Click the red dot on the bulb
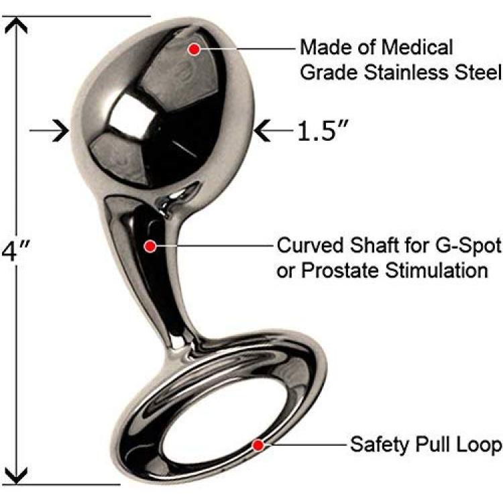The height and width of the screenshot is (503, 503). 194,49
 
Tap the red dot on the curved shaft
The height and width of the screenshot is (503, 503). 150,246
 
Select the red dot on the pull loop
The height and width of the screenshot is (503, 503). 258,445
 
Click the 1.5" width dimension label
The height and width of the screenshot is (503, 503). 323,131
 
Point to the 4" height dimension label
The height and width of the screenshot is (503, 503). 15,251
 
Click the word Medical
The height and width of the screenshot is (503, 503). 416,48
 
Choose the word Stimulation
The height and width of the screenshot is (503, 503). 437,270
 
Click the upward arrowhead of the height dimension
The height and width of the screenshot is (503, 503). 15,26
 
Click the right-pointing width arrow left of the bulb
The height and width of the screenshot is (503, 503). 49,131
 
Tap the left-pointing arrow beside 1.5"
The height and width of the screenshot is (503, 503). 273,131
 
